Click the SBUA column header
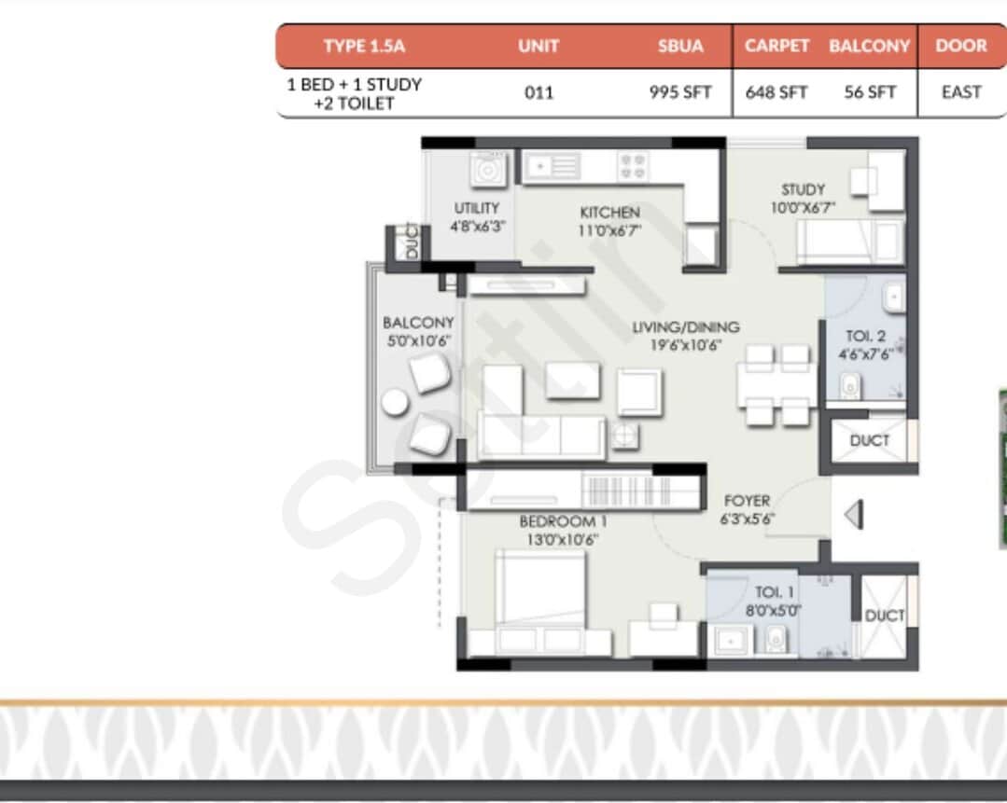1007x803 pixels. click(x=680, y=46)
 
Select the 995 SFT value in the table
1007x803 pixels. click(x=680, y=92)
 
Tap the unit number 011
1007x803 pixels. click(x=538, y=92)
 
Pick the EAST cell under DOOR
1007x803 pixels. click(x=961, y=92)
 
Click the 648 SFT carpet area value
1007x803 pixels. click(x=776, y=92)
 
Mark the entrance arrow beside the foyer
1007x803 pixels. click(x=853, y=515)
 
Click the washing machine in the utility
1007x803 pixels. click(x=487, y=171)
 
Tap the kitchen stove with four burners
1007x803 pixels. click(x=632, y=167)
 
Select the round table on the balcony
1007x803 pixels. click(x=394, y=403)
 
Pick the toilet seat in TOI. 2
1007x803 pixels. click(x=849, y=385)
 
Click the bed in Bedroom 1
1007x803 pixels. click(x=539, y=592)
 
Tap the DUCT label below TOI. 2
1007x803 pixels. click(x=869, y=440)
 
